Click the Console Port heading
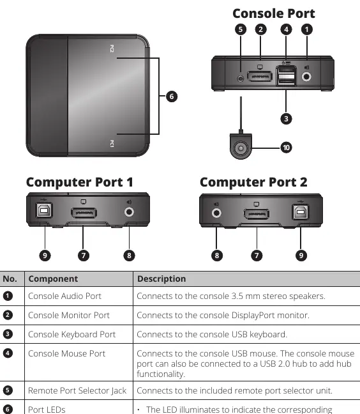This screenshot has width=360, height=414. pos(273,13)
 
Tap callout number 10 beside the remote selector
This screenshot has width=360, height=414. pos(286,148)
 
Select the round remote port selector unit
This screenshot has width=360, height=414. pos(241,146)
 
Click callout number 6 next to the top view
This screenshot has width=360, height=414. pos(172,96)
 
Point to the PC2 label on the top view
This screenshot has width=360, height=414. pos(112,49)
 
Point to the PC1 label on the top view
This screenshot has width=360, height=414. pos(112,144)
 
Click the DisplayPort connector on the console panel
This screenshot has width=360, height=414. pos(260,77)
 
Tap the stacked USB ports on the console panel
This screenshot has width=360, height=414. pos(286,76)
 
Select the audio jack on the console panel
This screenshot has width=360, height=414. pos(306,77)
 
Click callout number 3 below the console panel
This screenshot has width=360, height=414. pos(286,119)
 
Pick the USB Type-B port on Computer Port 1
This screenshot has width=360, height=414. pos(44,210)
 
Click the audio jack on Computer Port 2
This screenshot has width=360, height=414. pos(216,213)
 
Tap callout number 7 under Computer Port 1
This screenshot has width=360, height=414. pos(84,256)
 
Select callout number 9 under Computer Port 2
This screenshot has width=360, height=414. pos(301,256)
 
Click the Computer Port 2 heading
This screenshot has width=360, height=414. pos(253,182)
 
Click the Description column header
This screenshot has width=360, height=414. pos(161,279)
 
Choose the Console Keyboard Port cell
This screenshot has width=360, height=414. pos(71,334)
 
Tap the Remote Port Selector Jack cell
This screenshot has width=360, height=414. pos(77,390)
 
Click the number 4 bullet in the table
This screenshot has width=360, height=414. pos(8,353)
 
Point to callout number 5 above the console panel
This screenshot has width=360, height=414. pos(241,29)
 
